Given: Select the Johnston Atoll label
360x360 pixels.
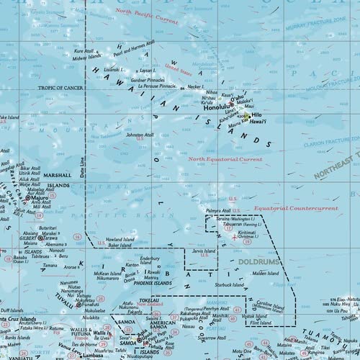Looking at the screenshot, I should tap(140, 135).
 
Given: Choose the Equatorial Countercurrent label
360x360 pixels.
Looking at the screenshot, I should tap(295, 208).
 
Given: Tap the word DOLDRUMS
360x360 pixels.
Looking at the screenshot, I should tap(259, 263).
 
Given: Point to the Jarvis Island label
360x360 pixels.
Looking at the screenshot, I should tap(205, 252).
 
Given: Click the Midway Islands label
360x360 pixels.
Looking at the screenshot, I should tap(89, 57).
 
